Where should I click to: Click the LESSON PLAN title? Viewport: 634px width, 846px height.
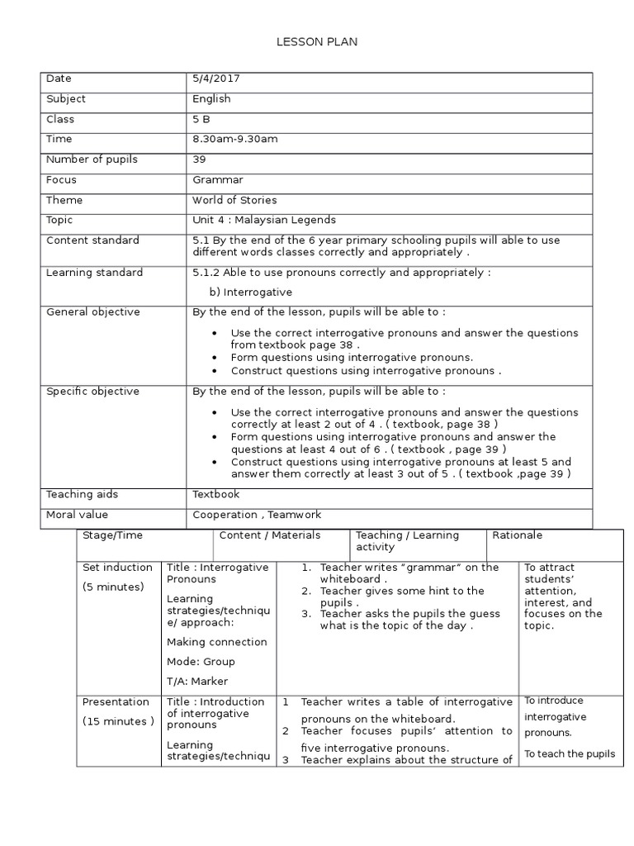317,42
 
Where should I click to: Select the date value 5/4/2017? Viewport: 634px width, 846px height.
216,78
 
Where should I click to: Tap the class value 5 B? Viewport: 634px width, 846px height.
201,119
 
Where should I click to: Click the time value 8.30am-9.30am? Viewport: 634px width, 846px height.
235,139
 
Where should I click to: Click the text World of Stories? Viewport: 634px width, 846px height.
234,200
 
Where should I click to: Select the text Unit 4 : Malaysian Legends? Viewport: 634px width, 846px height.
264,220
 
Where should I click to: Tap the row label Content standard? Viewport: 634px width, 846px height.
92,240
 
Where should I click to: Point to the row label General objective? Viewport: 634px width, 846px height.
92,312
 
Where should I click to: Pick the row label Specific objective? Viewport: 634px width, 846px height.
92,392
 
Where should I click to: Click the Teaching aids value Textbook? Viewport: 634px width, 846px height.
216,494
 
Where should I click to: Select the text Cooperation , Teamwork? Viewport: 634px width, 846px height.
257,515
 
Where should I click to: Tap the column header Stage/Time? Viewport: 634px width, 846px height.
112,535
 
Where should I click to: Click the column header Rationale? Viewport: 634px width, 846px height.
518,535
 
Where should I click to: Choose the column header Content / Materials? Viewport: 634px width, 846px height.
270,535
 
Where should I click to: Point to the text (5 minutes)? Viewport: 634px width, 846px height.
114,587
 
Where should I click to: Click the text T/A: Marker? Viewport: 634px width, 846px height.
197,682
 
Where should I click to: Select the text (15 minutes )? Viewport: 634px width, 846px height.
118,721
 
